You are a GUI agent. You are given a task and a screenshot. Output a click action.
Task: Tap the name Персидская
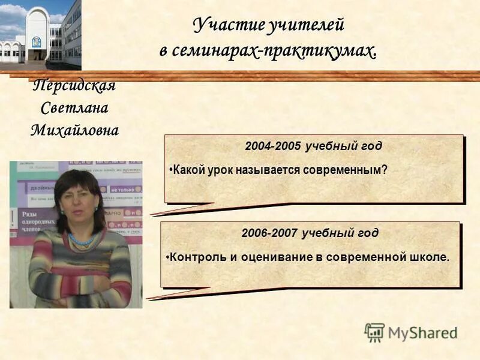tap(74, 85)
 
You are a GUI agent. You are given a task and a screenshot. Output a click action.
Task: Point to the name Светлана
tap(74, 108)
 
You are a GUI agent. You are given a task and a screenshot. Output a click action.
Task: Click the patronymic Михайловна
tap(74, 130)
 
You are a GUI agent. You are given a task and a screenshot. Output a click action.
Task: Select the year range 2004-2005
tap(273, 146)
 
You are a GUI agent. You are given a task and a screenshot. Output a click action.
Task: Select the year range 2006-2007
tap(269, 233)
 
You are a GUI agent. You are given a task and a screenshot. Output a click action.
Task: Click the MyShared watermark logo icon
tap(374, 332)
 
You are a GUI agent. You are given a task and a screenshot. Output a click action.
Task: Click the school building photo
tap(41, 34)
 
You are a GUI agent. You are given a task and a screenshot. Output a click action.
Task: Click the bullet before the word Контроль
tap(167, 257)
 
